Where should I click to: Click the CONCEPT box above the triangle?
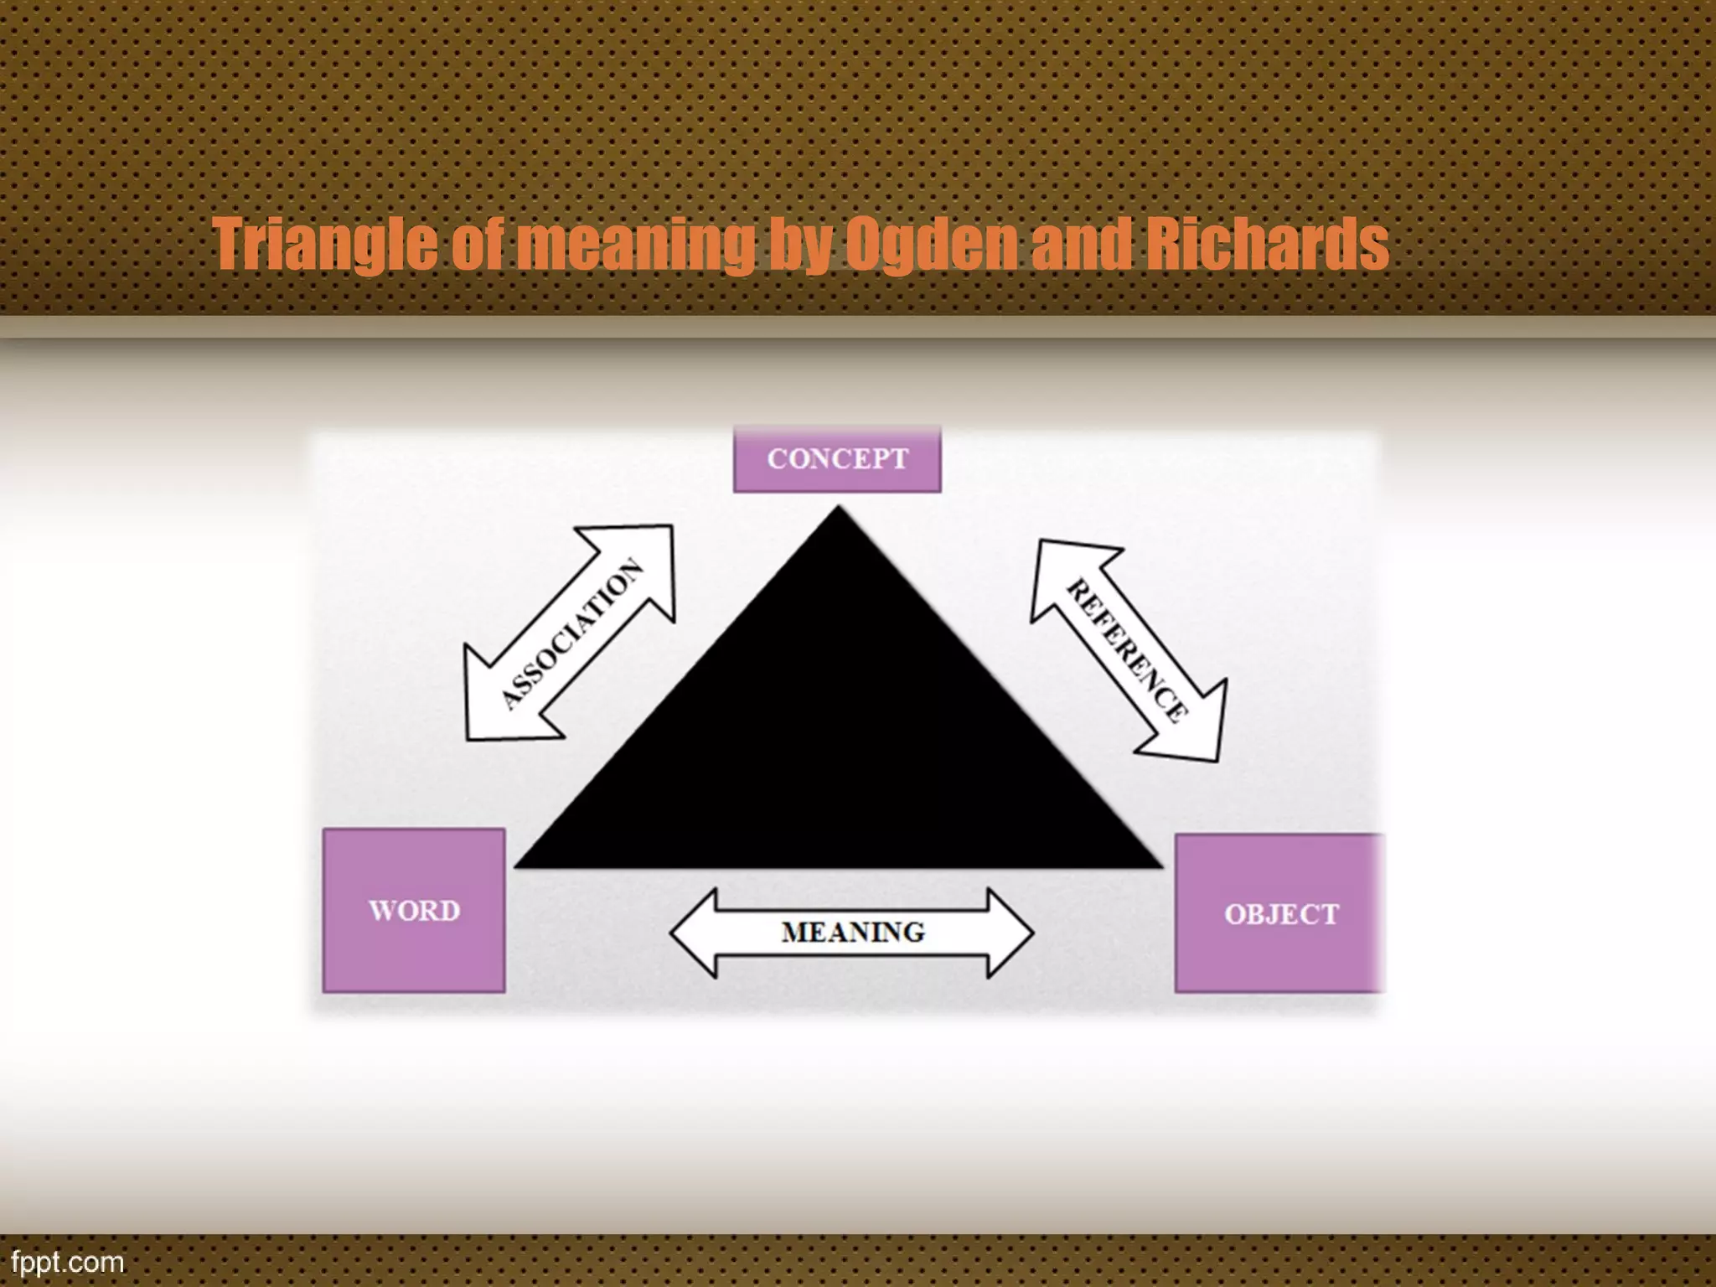(x=837, y=459)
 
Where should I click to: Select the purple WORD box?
(x=414, y=911)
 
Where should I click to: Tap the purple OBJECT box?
(x=1280, y=914)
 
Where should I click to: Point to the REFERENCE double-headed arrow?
(x=1128, y=650)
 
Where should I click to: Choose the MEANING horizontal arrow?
(x=852, y=933)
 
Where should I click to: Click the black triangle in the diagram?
(x=838, y=737)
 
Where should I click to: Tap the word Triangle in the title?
(x=323, y=244)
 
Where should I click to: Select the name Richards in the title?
(x=1266, y=244)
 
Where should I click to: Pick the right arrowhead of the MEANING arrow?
(x=1010, y=933)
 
